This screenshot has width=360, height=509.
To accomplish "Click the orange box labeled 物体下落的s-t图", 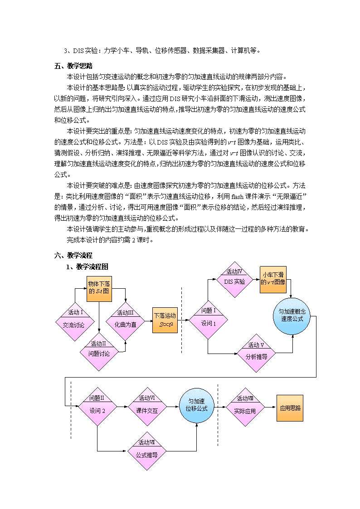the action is coord(99,289).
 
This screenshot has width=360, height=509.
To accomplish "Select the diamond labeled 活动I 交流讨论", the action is coord(75,322).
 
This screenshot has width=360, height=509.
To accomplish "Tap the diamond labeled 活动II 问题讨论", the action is coord(99,352).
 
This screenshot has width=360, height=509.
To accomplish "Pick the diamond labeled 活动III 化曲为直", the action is coord(125,321).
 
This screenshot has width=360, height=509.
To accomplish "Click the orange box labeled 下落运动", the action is coord(165,320).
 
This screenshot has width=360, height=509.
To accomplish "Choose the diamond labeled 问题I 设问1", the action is coord(208,320).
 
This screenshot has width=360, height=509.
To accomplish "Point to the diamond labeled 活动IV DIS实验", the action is coord(235,280).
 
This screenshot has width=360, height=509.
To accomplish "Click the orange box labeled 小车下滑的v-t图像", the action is coord(273,280).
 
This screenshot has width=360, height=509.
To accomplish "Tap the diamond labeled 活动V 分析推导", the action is coord(257,353).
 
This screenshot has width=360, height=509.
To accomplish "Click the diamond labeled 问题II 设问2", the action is coord(97,407).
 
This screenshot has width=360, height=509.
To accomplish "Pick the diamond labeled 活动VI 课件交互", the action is coord(147,407).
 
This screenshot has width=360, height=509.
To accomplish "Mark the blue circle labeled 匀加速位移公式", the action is coord(197,405).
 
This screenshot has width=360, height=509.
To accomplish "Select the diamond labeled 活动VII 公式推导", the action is coord(147,451).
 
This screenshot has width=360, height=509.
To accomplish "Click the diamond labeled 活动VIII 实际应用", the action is coord(245,407).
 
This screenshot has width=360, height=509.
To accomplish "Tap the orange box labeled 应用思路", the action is coord(290,408).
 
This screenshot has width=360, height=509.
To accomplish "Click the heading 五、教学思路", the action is coord(73,66).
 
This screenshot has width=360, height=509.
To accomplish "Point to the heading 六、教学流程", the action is coord(73,256).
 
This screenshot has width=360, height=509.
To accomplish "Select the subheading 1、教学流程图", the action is coord(87,267).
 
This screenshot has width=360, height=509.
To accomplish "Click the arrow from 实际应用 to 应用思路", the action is coord(271,407).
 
